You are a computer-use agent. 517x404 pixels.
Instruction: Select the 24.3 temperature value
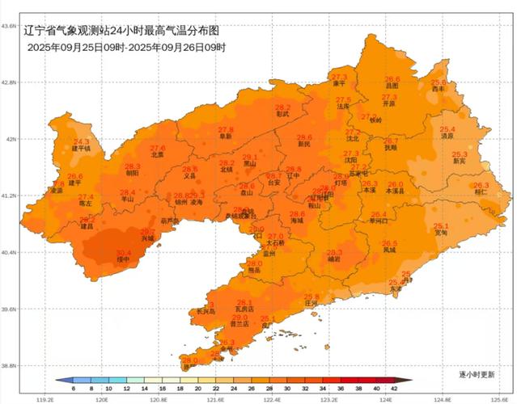click(x=82, y=141)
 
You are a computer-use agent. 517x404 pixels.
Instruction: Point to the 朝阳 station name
click(x=132, y=173)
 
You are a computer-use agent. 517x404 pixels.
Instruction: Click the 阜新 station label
click(x=226, y=137)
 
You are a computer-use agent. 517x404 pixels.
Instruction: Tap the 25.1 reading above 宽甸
click(x=441, y=225)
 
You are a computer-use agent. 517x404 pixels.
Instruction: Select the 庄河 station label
click(x=311, y=304)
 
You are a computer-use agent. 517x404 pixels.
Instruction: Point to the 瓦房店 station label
click(x=244, y=309)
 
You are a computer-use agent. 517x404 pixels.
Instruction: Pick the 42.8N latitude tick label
click(x=9, y=82)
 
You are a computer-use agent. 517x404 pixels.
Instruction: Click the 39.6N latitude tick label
click(x=9, y=309)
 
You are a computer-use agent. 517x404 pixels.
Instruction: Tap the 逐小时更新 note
click(x=476, y=375)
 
